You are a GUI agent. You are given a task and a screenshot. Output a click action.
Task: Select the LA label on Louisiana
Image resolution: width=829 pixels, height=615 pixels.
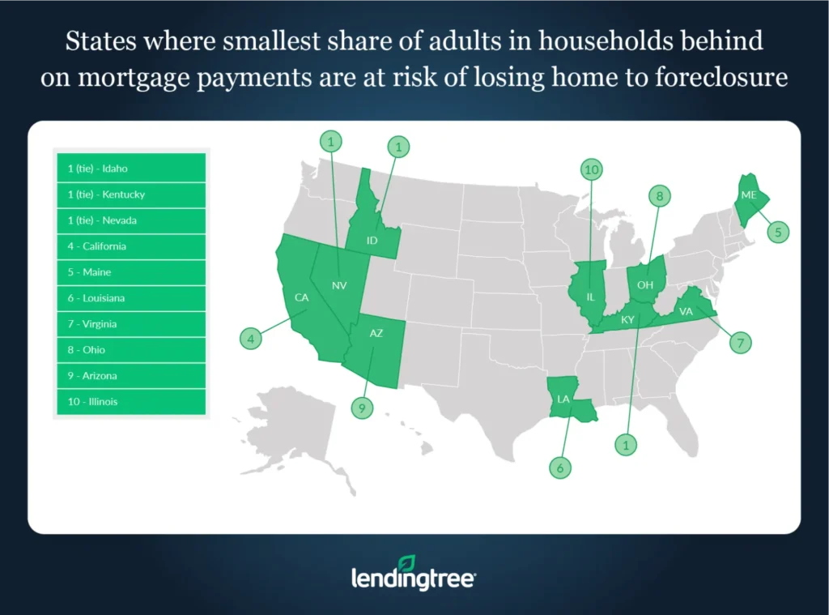tap(563, 399)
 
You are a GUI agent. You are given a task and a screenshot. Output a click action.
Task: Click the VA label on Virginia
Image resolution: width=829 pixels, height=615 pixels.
tap(685, 310)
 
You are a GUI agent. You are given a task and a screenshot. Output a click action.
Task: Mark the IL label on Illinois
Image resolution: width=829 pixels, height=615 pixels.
tap(590, 297)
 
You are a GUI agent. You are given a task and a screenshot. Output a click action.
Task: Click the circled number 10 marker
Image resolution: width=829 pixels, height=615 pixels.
tap(592, 169)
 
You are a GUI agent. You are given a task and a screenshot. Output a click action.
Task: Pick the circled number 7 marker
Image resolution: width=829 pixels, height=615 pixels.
tap(739, 343)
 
